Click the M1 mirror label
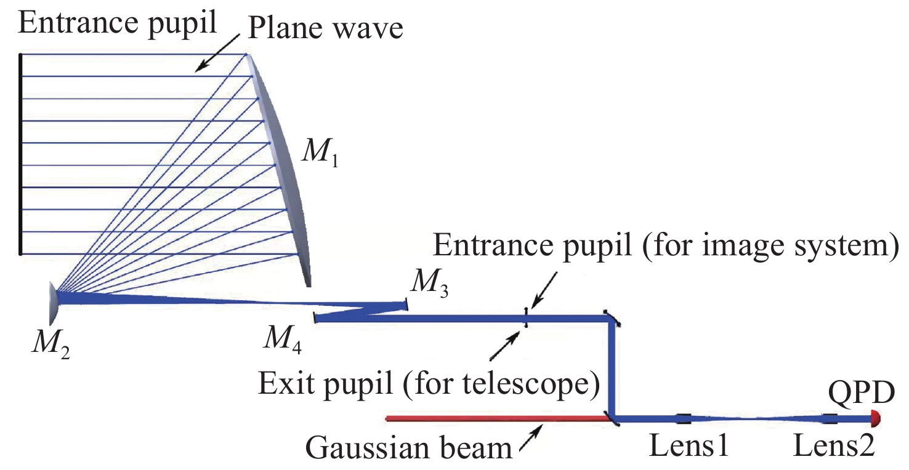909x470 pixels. point(320,153)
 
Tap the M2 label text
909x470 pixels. point(50,344)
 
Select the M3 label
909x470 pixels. point(430,284)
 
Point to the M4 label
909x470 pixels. point(283,340)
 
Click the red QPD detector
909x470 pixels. point(875,418)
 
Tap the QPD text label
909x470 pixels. point(861,392)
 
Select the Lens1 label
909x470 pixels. point(689,445)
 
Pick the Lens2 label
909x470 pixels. point(833,445)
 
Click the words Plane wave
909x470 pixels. point(325,28)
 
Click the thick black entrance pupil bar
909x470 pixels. point(20,154)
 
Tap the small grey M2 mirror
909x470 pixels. point(54,303)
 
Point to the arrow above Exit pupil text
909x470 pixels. point(505,345)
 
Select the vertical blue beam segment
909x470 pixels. point(611,368)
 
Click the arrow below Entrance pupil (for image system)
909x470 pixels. point(544,290)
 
